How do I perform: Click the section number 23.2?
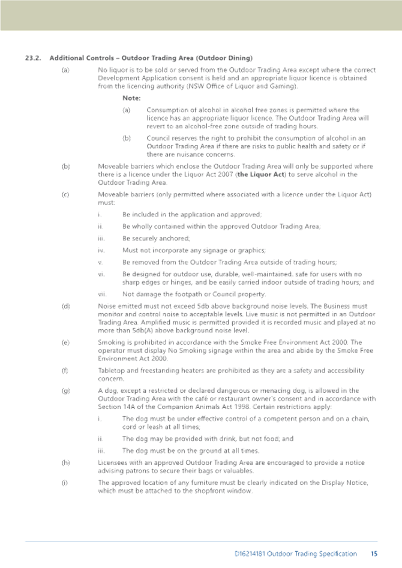(x=33, y=58)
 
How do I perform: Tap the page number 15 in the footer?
(x=374, y=554)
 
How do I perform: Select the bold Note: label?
(x=131, y=98)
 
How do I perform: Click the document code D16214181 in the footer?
(x=250, y=554)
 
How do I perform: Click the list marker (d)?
(x=65, y=306)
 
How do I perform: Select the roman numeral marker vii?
(x=102, y=294)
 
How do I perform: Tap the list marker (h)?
(x=65, y=463)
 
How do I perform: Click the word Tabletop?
(x=111, y=371)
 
